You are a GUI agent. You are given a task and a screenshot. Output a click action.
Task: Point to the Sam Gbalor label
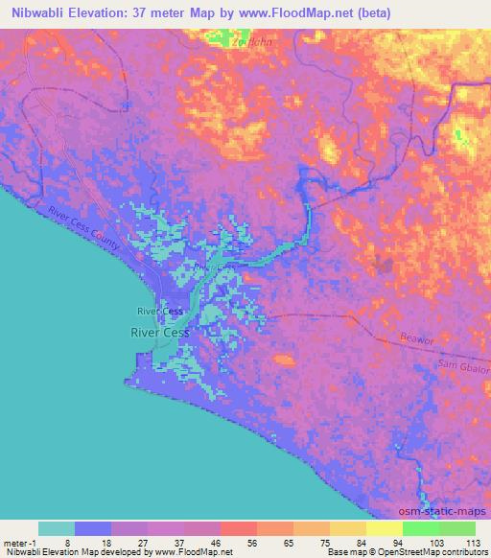pos(468,368)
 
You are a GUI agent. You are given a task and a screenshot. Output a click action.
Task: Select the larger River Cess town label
pos(159,333)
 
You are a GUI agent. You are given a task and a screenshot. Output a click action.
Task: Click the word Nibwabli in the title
pos(39,12)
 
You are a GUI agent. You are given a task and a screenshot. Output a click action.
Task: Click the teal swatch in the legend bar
pos(57,528)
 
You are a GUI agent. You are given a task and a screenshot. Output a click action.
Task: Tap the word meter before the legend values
pos(14,542)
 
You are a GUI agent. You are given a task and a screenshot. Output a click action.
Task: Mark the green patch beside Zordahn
pos(224,40)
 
